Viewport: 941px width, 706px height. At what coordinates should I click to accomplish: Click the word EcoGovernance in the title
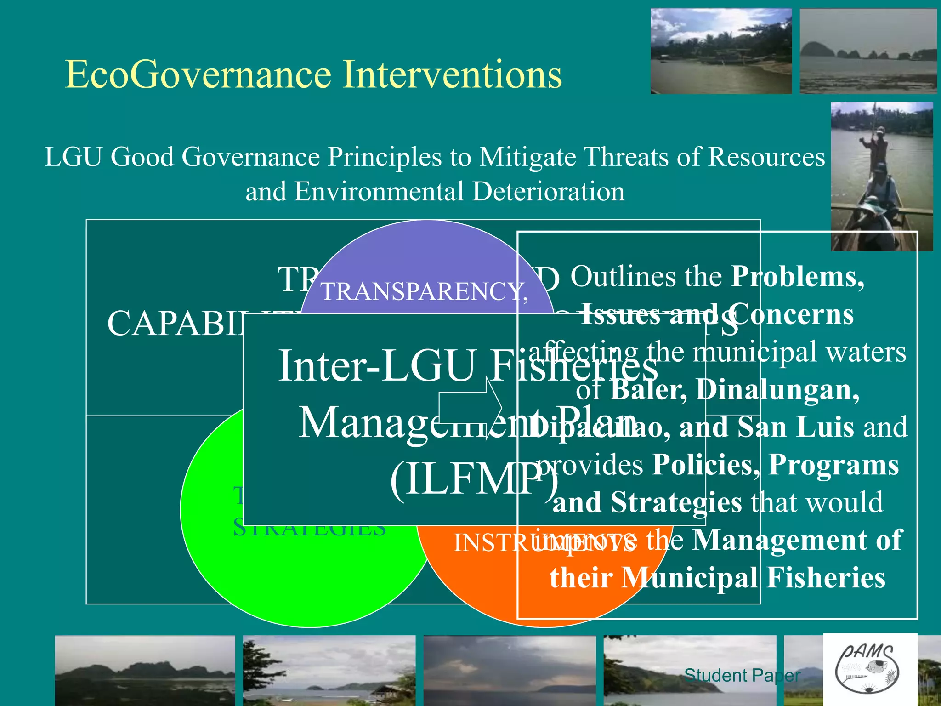tap(198, 74)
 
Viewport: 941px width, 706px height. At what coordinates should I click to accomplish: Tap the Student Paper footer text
tap(742, 676)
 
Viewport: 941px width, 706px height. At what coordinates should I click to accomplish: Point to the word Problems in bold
tap(797, 277)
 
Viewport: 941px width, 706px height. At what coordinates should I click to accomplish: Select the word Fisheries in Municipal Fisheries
tap(826, 578)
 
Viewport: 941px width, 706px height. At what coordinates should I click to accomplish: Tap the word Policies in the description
tap(706, 465)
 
